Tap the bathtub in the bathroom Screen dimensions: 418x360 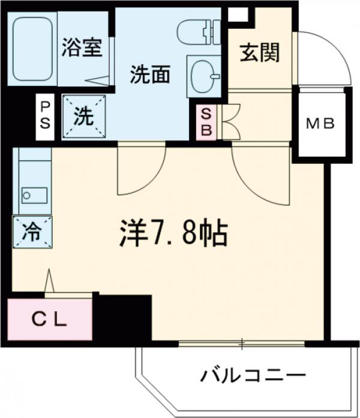(x=32, y=51)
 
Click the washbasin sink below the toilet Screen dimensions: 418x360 (x=204, y=75)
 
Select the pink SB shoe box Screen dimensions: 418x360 (x=205, y=122)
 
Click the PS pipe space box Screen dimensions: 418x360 (x=45, y=117)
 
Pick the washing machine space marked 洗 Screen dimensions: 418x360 (x=83, y=117)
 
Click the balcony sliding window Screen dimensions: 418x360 (x=242, y=344)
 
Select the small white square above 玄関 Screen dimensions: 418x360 (x=238, y=14)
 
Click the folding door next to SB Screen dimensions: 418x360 (x=230, y=122)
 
